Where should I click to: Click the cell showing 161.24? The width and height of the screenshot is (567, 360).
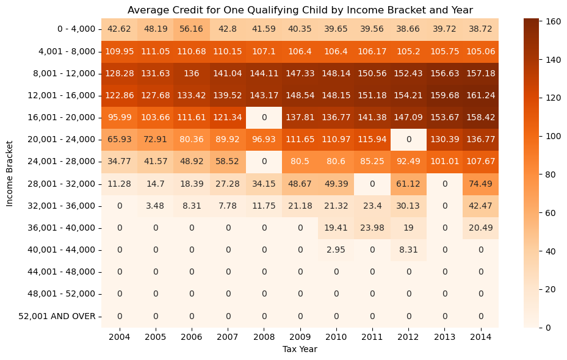click(480, 95)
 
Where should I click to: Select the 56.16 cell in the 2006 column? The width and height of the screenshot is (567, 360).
click(192, 29)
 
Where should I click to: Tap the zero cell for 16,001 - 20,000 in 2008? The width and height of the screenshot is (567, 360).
click(264, 117)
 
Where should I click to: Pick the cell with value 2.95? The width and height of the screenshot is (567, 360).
click(336, 250)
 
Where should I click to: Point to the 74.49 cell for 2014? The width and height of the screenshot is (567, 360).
click(480, 184)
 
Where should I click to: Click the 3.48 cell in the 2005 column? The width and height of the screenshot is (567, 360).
click(156, 206)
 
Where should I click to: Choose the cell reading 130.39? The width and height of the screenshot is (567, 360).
click(444, 139)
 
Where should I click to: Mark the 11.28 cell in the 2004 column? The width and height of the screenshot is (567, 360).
click(120, 184)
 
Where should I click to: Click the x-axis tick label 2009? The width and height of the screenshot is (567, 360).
click(300, 336)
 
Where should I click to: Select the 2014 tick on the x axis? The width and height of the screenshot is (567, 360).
click(480, 336)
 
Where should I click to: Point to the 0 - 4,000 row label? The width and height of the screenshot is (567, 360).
click(73, 29)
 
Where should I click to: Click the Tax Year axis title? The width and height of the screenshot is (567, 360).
click(300, 349)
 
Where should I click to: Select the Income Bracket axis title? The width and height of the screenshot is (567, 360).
click(10, 173)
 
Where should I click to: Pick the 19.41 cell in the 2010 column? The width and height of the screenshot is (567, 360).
click(336, 228)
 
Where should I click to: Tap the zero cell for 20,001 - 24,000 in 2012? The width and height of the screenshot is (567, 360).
click(408, 139)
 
